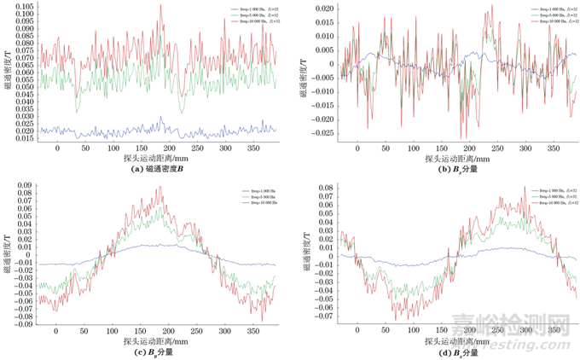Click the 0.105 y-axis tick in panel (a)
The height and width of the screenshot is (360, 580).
click(26, 5)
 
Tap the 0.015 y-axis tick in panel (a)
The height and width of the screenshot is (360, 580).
click(26, 137)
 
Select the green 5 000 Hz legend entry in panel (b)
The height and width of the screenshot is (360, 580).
click(554, 13)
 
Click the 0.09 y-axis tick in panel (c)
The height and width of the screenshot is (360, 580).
click(27, 185)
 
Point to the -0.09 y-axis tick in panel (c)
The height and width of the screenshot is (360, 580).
click(26, 324)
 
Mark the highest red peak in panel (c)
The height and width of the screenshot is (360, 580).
click(159, 187)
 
